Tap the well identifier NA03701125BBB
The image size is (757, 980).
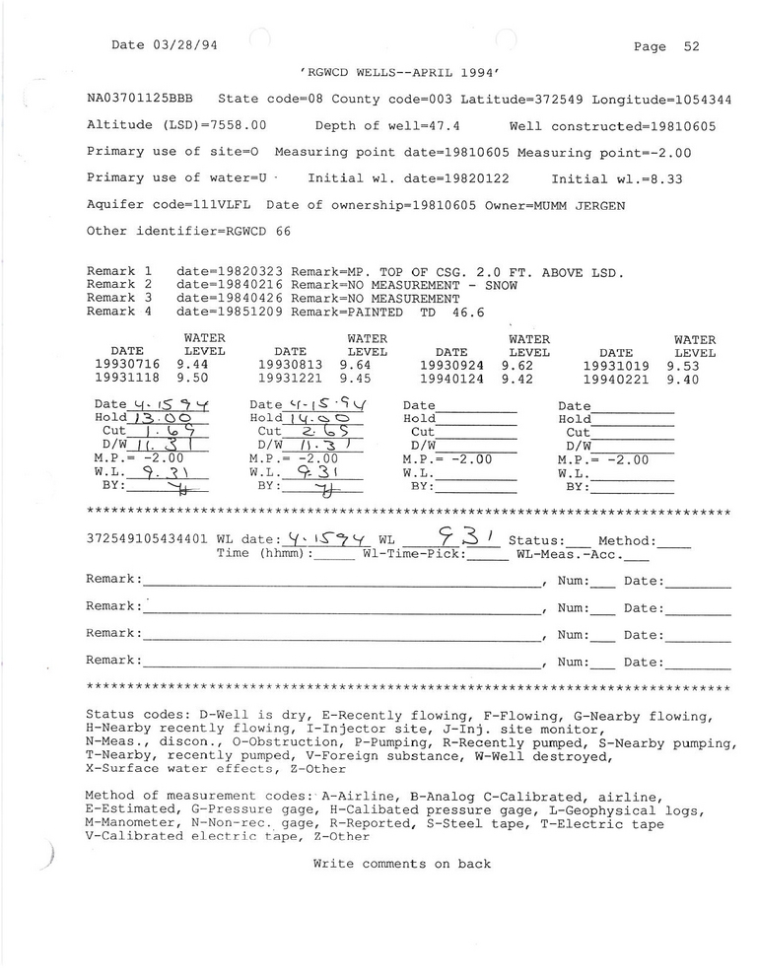pyautogui.click(x=140, y=100)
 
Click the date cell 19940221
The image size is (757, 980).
pyautogui.click(x=616, y=378)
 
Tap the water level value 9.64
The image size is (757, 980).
pyautogui.click(x=354, y=364)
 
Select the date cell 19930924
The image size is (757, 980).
pyautogui.click(x=450, y=364)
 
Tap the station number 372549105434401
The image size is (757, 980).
pyautogui.click(x=148, y=540)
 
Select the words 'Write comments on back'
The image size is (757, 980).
pyautogui.click(x=401, y=864)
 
